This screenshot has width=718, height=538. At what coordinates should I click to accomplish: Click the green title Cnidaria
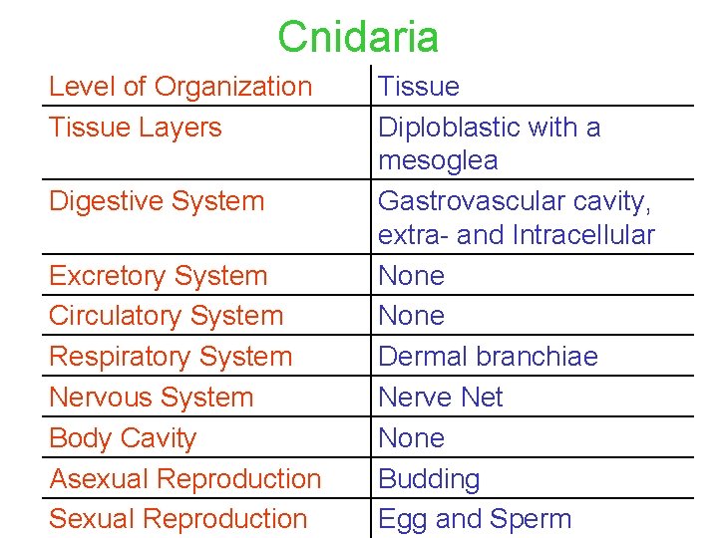(358, 37)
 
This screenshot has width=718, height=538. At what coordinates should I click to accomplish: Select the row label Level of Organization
(180, 87)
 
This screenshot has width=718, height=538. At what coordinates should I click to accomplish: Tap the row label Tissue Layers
(136, 128)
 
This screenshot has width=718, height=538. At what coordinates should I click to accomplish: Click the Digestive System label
(157, 201)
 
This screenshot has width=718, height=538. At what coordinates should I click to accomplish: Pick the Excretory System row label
(159, 276)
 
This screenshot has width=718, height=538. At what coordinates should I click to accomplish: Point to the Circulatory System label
(167, 316)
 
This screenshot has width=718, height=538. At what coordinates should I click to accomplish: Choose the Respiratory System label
(171, 357)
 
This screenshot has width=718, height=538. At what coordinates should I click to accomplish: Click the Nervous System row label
(151, 398)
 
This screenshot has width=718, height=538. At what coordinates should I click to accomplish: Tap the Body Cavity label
(123, 438)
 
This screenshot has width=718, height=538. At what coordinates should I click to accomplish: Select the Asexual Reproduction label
(185, 479)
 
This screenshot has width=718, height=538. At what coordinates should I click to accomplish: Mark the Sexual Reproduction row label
(179, 519)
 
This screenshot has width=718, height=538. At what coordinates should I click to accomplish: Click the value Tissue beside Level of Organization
(419, 87)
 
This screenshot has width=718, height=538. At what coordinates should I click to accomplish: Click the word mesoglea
(438, 161)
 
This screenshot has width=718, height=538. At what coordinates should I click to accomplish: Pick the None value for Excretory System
(411, 276)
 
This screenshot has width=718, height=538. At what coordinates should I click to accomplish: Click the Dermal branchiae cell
(488, 357)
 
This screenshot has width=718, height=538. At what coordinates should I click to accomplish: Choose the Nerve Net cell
(441, 398)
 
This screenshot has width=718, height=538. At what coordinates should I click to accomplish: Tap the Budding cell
(429, 479)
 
